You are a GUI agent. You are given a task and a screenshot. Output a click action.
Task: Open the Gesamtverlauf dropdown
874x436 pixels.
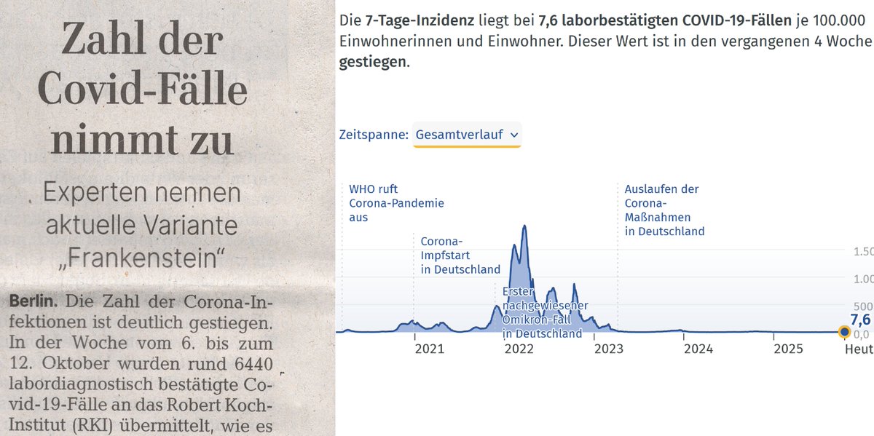tap(467, 135)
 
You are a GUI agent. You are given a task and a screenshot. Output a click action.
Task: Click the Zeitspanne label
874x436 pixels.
tap(373, 135)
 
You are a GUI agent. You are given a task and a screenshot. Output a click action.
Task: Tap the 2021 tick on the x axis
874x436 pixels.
tap(429, 349)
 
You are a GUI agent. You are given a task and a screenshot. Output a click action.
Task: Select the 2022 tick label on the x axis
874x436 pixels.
tap(519, 349)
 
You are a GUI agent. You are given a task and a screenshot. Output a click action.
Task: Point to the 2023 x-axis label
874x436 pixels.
tap(608, 349)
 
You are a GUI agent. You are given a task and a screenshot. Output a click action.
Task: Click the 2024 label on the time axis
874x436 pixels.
tap(698, 349)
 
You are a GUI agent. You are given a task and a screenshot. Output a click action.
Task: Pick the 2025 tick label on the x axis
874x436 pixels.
tap(787, 349)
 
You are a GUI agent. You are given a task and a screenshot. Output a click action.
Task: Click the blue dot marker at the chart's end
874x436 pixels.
tap(844, 332)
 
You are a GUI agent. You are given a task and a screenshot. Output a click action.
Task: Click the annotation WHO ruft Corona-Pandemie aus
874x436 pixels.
tap(396, 203)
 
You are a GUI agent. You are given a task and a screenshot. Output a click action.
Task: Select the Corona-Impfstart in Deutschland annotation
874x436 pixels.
tap(460, 255)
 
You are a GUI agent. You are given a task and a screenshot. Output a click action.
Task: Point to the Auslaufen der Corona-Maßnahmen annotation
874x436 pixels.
tap(664, 210)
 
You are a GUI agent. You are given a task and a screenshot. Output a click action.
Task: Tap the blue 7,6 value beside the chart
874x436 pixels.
tap(860, 320)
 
